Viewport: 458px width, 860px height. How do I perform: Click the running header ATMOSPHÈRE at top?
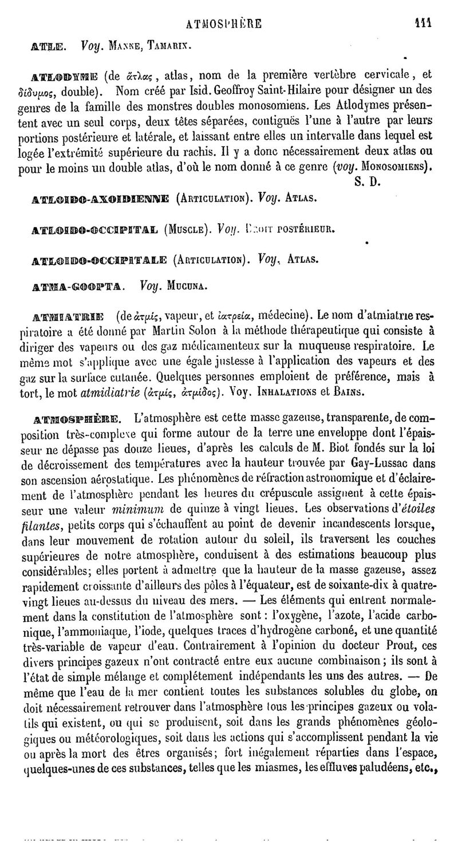coord(224,24)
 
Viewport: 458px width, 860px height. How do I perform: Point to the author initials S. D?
coord(360,184)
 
